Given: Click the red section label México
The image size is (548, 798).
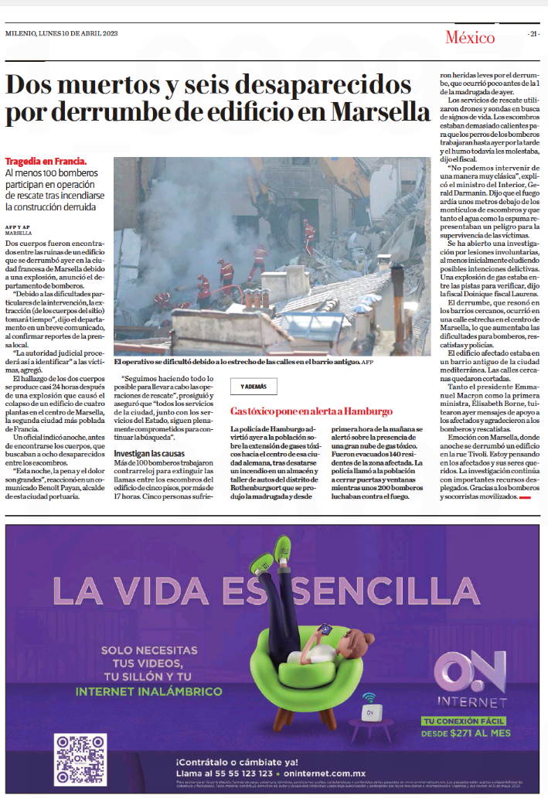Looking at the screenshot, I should [469, 37].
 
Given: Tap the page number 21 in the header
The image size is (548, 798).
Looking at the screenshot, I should [534, 35].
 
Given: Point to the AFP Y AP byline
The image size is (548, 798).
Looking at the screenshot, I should [18, 227].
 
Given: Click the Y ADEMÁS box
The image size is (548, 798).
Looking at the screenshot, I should [254, 387].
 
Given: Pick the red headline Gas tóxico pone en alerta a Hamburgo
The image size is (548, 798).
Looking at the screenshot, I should [311, 411].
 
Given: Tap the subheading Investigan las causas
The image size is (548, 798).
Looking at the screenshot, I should [150, 453].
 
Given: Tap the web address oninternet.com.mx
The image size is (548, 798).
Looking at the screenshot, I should [325, 772].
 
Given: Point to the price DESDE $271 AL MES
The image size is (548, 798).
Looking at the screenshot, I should [466, 732].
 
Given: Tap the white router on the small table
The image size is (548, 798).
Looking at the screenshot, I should [370, 710].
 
